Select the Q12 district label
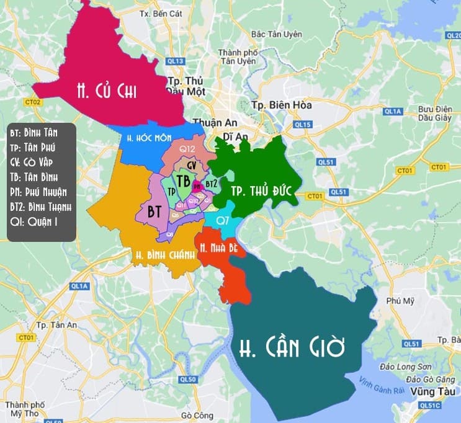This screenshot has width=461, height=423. [187, 149]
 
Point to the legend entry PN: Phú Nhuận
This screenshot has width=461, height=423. [38, 191]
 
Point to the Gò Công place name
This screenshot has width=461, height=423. [194, 416]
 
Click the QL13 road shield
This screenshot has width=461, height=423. [176, 61]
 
